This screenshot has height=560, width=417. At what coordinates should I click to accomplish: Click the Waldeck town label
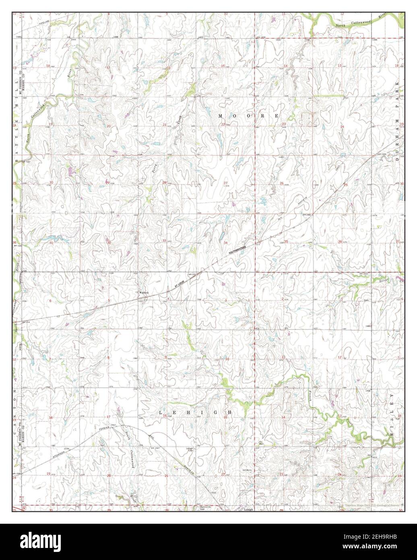144,292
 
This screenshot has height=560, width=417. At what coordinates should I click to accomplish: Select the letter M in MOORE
221,116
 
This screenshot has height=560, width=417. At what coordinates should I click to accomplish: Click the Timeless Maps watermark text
372,504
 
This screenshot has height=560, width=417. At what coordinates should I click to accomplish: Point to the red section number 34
226,243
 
